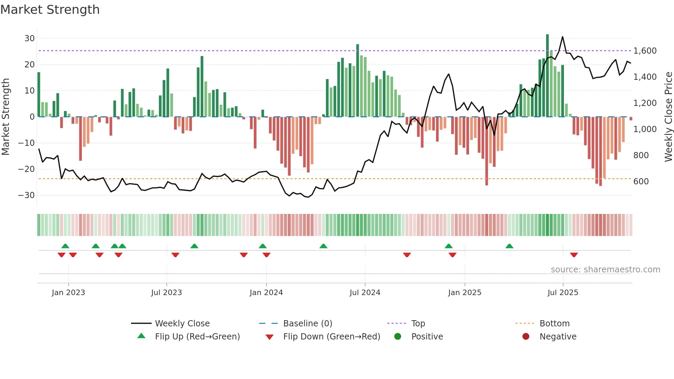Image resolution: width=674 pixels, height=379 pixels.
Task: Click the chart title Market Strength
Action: pos(50,10)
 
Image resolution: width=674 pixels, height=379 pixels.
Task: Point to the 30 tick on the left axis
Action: pos(30,39)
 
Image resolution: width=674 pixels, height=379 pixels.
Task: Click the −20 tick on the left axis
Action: pos(26,169)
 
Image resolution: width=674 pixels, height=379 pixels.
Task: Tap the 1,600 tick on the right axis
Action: pos(645,51)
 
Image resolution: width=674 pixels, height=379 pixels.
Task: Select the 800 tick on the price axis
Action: pos(641,155)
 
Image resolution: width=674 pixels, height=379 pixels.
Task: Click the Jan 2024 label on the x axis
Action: pos(266,293)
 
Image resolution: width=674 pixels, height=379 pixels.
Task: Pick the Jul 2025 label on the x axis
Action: pos(563,293)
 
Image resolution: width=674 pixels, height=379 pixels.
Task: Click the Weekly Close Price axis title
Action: pos(668,117)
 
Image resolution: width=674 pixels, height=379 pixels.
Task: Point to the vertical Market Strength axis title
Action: pos(6,117)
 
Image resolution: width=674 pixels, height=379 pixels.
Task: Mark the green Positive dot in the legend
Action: pos(398,337)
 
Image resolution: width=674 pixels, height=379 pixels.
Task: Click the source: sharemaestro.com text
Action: pos(605,270)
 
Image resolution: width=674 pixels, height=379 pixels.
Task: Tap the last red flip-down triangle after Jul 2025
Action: pos(574,255)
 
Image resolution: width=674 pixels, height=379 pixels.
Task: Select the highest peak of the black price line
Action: pos(563,37)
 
